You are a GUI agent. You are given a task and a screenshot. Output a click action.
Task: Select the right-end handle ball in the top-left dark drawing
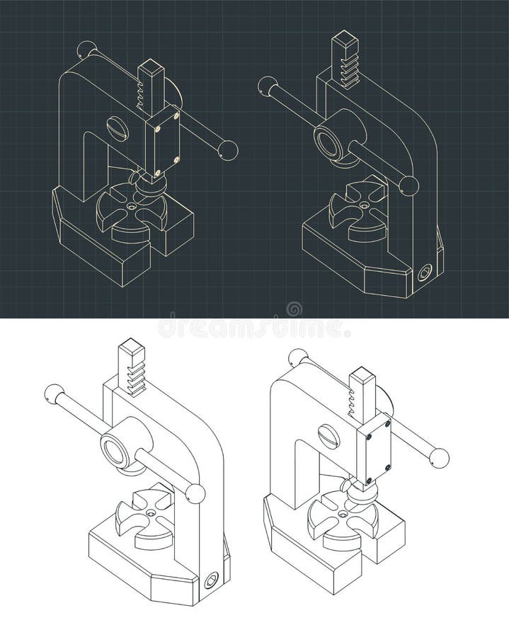[x=228, y=150]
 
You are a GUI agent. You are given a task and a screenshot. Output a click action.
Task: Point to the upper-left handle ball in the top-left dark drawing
[x=86, y=50]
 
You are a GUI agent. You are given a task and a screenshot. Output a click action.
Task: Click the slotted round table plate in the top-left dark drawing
[x=132, y=210]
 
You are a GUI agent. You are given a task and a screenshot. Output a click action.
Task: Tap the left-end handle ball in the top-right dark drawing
[x=268, y=86]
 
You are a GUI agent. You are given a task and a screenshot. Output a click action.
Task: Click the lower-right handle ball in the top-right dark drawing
[x=408, y=186]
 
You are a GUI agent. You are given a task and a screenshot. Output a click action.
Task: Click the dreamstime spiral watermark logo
[x=294, y=309]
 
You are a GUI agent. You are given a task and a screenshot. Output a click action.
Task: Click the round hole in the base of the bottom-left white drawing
[x=211, y=581]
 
